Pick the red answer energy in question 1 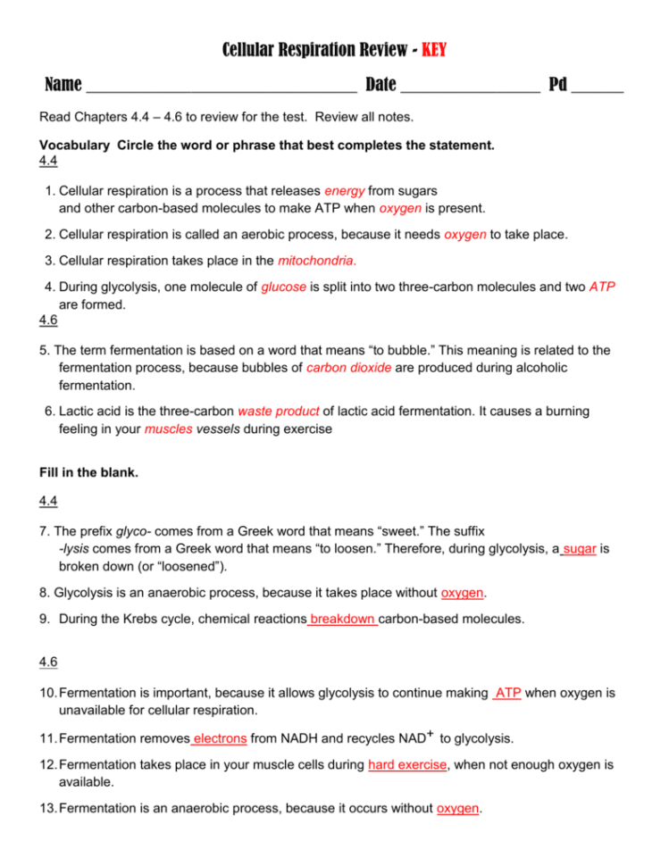pos(343,191)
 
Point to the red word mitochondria pos(317,261)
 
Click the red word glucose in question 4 pos(284,287)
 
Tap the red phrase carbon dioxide pos(348,368)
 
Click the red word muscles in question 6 pos(168,429)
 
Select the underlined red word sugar pos(580,549)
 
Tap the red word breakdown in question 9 pos(342,618)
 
